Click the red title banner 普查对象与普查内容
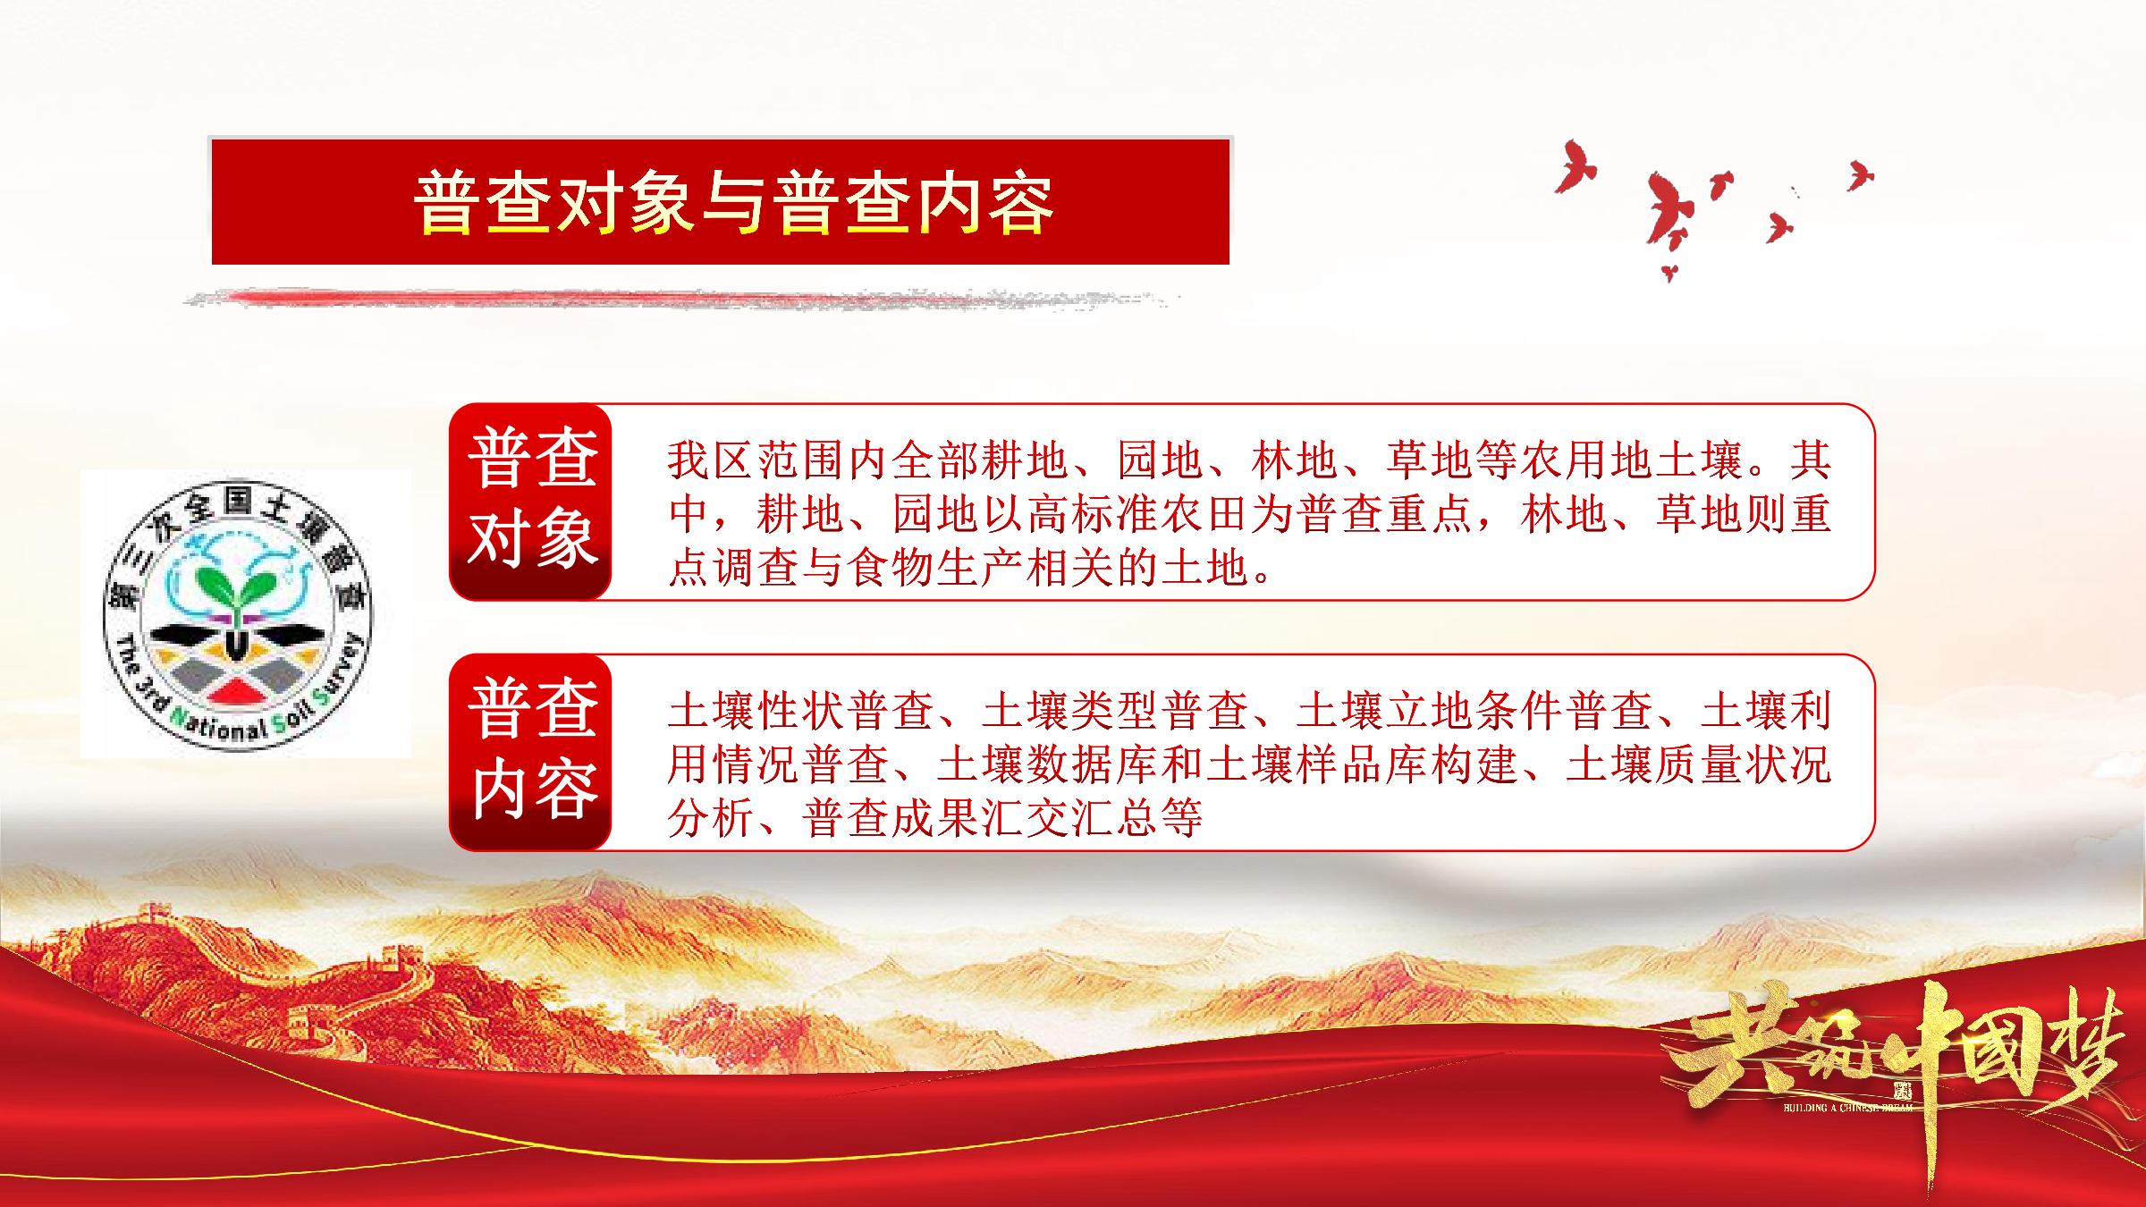(x=720, y=201)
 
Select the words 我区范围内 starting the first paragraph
(x=779, y=460)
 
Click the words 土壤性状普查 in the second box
(x=801, y=711)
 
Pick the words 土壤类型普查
(x=1115, y=711)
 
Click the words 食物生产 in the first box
(x=935, y=568)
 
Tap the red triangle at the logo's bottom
(x=236, y=689)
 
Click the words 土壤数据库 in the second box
(x=1047, y=764)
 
